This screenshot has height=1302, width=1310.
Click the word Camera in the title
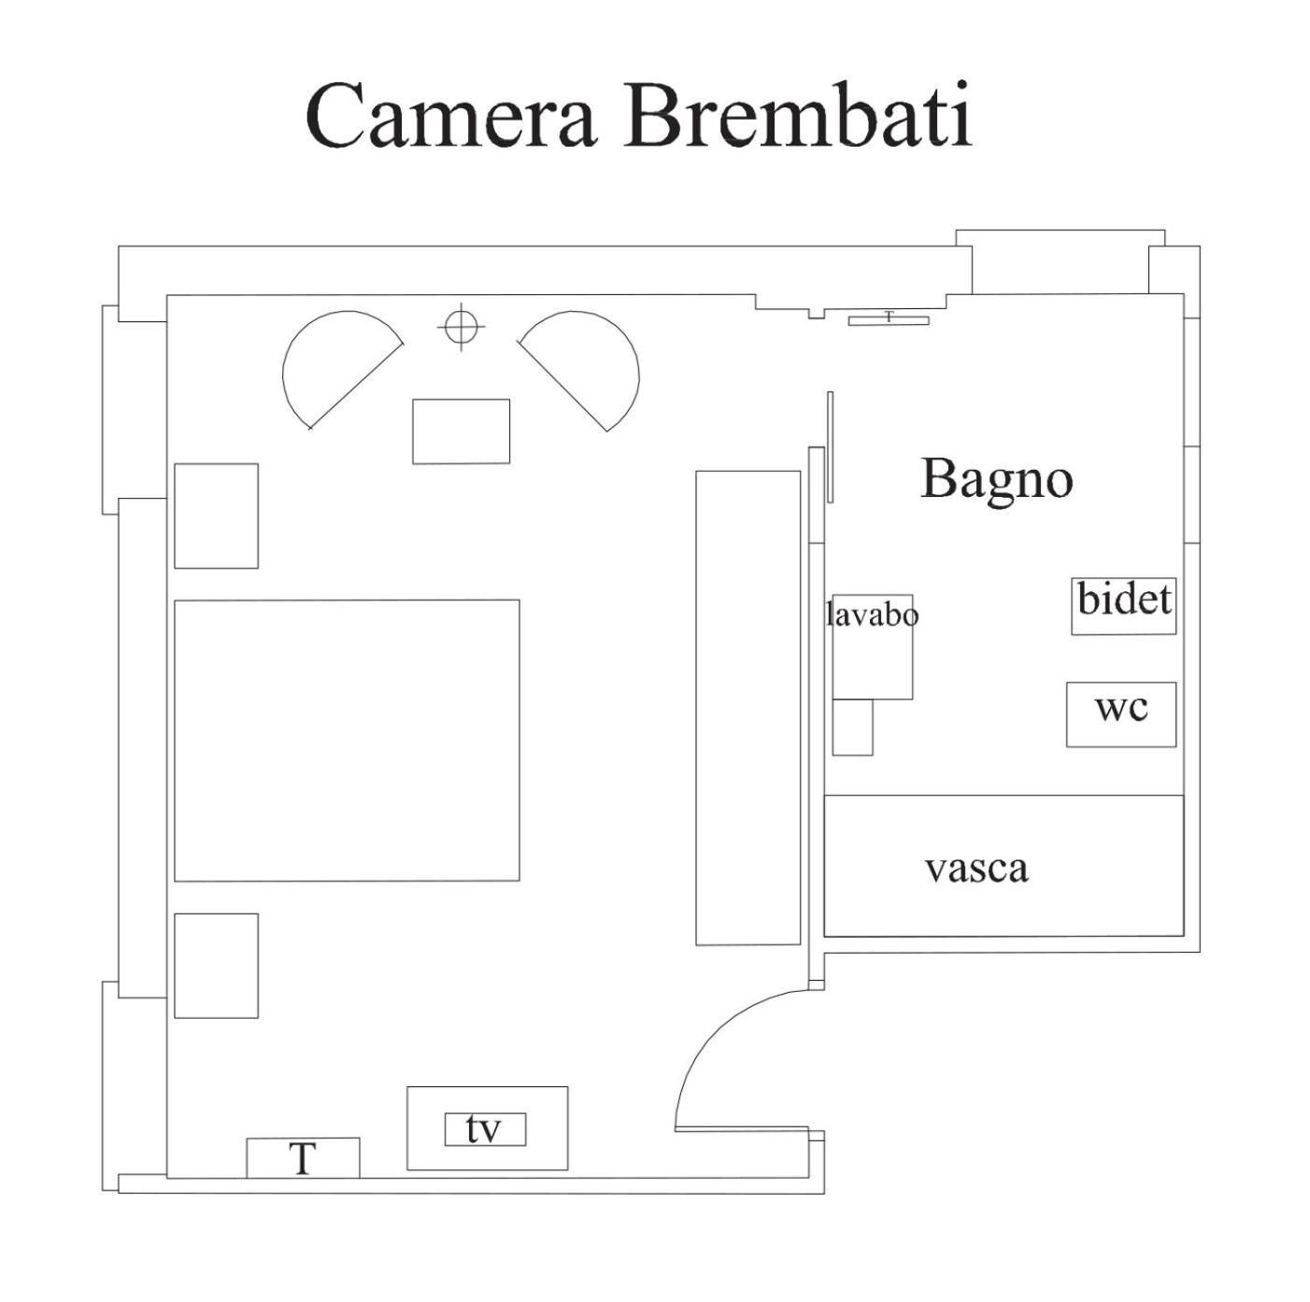pyautogui.click(x=450, y=116)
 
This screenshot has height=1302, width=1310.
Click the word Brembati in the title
pyautogui.click(x=799, y=116)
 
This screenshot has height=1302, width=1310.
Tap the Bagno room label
pyautogui.click(x=996, y=479)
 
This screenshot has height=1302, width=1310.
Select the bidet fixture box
pyautogui.click(x=1123, y=605)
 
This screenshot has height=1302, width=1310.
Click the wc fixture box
pyautogui.click(x=1120, y=715)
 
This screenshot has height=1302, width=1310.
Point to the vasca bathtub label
pyautogui.click(x=976, y=869)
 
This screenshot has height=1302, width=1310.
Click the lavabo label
pyautogui.click(x=872, y=615)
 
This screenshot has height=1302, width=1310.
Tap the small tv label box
pyautogui.click(x=484, y=1129)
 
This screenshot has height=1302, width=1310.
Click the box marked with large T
pyautogui.click(x=303, y=1158)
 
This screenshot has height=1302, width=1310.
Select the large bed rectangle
pyautogui.click(x=347, y=740)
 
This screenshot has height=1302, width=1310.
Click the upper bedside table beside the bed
pyautogui.click(x=216, y=516)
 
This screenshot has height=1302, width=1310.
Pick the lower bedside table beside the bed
pyautogui.click(x=216, y=965)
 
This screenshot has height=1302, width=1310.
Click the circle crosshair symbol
pyautogui.click(x=460, y=327)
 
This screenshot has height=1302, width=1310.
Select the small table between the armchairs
pyautogui.click(x=461, y=432)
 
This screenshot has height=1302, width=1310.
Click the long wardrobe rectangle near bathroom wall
pyautogui.click(x=748, y=707)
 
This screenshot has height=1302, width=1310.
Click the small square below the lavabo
pyautogui.click(x=852, y=727)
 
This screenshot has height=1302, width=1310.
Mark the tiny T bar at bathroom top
pyautogui.click(x=889, y=319)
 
